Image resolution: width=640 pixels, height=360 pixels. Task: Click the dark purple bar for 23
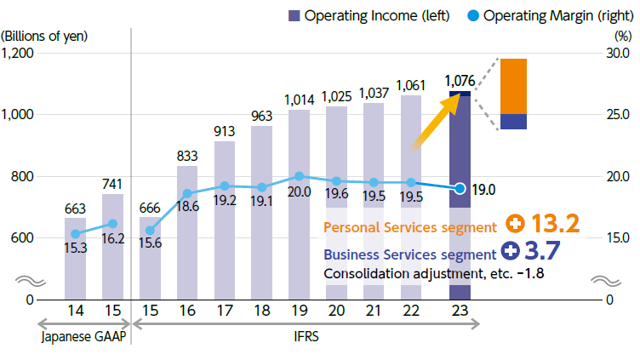coord(460,247)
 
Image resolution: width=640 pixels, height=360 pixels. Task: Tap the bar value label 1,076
coord(460,81)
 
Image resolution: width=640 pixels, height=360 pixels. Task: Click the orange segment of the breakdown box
coord(513,86)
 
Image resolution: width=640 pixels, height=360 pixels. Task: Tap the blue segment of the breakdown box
coord(513,122)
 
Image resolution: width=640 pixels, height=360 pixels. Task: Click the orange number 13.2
coord(554,225)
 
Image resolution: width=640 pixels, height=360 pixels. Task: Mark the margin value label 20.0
coord(299,192)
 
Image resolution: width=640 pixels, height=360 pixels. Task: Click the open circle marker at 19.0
coord(460,188)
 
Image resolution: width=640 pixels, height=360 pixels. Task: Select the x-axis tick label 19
coord(299,311)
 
